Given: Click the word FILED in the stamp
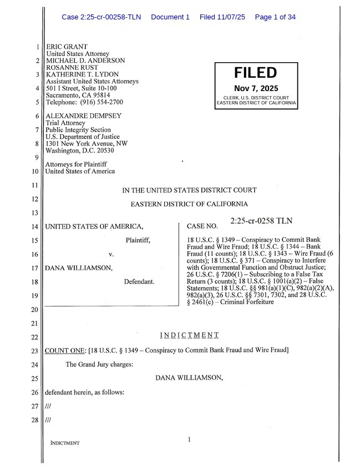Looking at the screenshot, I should (x=255, y=73).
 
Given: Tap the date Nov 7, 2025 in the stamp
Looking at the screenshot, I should (x=256, y=88).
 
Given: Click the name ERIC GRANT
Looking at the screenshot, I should (x=67, y=47).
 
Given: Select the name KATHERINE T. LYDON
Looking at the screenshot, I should (x=82, y=74).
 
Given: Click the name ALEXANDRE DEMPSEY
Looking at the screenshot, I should (x=83, y=116).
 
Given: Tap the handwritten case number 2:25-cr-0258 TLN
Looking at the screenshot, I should (x=261, y=221).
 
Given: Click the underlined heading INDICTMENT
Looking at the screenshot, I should (x=189, y=335).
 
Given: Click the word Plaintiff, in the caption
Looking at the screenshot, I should (x=138, y=240).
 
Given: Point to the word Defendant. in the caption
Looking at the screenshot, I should (x=139, y=282).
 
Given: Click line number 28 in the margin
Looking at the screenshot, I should (x=35, y=420).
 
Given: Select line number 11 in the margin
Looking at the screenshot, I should (x=35, y=185).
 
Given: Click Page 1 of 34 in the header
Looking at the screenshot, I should (x=275, y=17).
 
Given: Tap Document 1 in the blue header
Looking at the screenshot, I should (x=170, y=17).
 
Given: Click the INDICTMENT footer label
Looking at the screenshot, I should (x=65, y=443).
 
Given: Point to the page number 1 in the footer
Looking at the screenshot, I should (x=189, y=440).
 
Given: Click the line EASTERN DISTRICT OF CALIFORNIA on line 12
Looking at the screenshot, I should (x=189, y=204).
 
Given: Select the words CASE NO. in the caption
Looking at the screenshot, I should (x=202, y=227).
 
